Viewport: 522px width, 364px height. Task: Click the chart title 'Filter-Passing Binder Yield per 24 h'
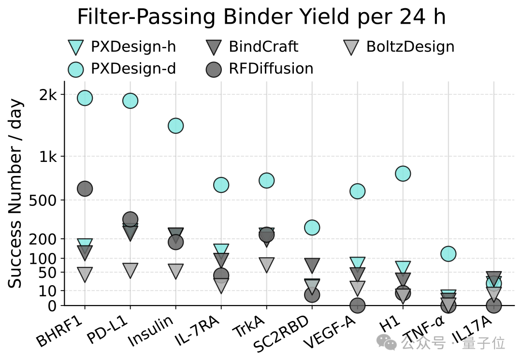[x=261, y=17]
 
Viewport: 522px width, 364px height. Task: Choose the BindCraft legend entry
[x=251, y=47]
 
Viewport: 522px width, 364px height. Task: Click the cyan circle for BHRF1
[x=85, y=98]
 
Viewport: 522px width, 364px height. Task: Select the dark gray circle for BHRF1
[x=85, y=189]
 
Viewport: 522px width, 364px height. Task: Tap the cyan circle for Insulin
[x=175, y=126]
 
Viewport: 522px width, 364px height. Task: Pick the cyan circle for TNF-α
[x=449, y=253]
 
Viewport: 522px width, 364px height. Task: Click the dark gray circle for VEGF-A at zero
[x=358, y=305]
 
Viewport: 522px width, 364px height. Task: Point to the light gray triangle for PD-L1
[x=130, y=270]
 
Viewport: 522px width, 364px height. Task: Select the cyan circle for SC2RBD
[x=312, y=227]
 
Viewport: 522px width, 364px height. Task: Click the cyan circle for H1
[x=403, y=173]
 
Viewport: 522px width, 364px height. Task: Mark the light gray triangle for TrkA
[x=267, y=264]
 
